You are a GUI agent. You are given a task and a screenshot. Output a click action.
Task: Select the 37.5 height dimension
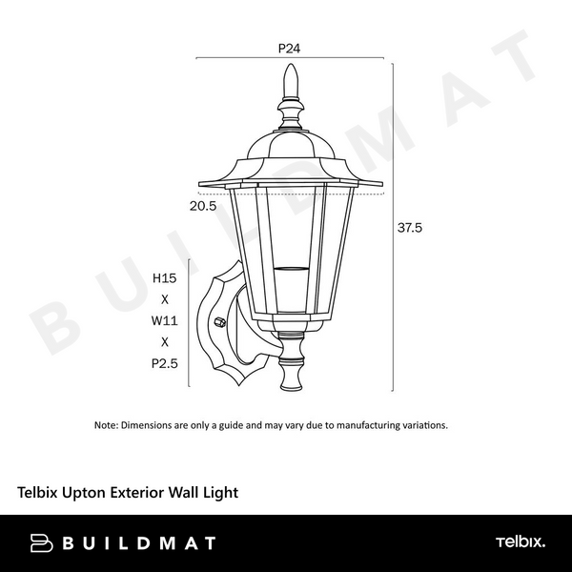[x=410, y=228]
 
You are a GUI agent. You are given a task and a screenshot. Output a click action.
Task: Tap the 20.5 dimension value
[x=203, y=205]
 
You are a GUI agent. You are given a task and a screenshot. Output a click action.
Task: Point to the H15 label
[x=165, y=278]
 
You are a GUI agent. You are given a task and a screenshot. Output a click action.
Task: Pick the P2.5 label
[x=165, y=362]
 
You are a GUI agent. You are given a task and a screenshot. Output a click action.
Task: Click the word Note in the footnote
[x=105, y=425]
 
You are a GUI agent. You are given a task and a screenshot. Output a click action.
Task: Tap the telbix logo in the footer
[x=520, y=542]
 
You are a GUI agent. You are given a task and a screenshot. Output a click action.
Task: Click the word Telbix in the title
[x=38, y=493]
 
